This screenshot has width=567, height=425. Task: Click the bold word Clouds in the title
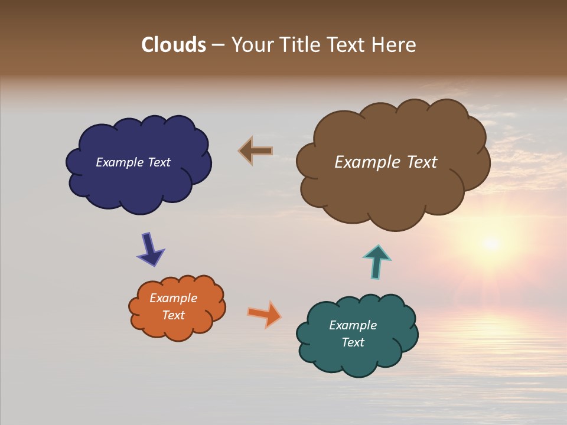[173, 45]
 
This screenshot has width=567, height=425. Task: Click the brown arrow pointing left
[255, 151]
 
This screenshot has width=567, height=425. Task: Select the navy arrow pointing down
[150, 249]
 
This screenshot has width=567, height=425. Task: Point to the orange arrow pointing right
[265, 313]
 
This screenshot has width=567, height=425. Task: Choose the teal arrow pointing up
[376, 260]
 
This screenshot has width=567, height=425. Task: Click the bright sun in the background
[490, 243]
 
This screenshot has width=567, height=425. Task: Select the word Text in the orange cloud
[174, 315]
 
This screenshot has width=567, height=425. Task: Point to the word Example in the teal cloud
[353, 325]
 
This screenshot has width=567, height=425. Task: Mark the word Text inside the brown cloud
[421, 162]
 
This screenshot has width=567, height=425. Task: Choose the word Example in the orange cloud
[174, 298]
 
